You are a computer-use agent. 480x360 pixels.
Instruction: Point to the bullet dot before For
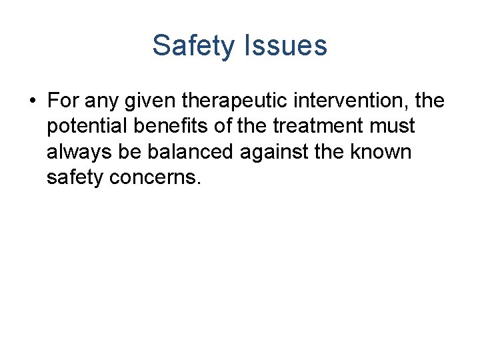click(32, 101)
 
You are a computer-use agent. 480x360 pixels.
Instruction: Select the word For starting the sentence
click(63, 101)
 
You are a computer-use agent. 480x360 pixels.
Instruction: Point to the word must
click(396, 126)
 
